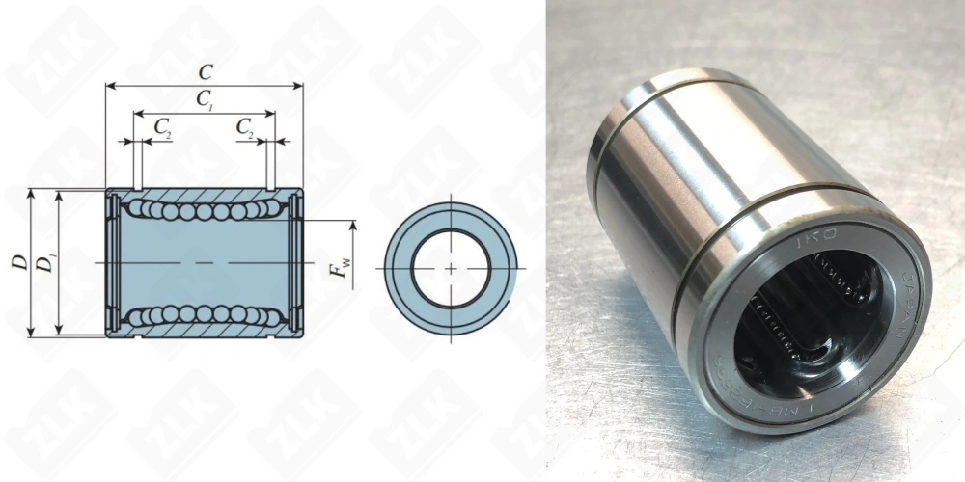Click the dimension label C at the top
click(x=205, y=71)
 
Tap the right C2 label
click(x=245, y=127)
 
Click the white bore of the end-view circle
click(x=451, y=267)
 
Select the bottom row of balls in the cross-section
click(x=203, y=314)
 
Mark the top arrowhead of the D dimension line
click(x=32, y=194)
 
